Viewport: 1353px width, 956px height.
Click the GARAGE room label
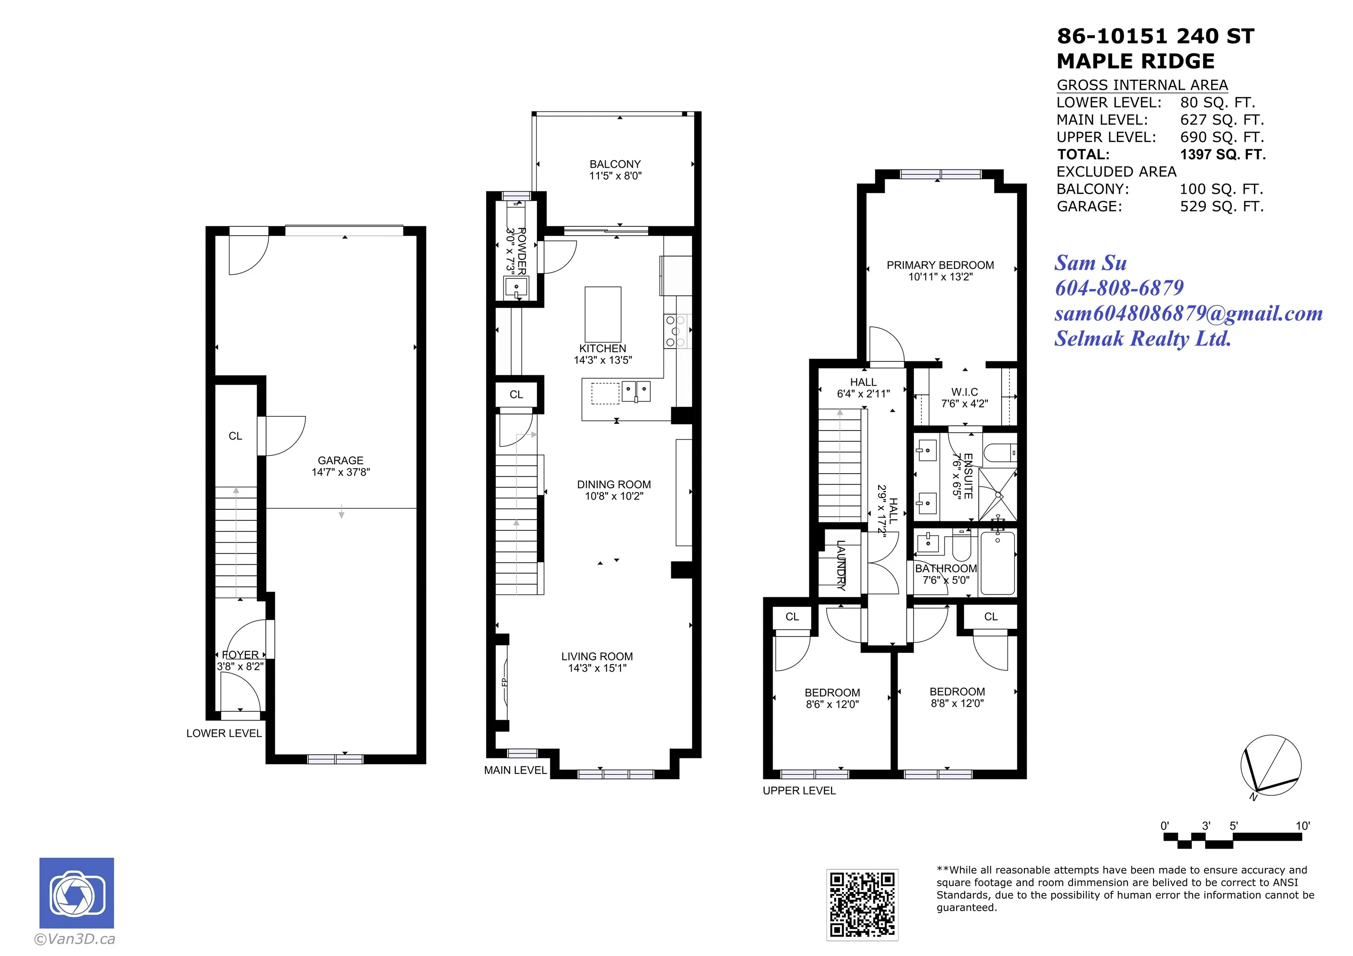[340, 460]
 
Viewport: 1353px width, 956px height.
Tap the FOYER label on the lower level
[240, 654]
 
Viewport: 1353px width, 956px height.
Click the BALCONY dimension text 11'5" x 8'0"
[615, 176]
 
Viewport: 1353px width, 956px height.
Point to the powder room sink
[516, 287]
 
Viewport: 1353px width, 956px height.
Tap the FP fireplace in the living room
[504, 682]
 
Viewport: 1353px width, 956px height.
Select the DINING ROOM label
[614, 484]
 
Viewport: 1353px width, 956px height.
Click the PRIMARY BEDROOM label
[940, 265]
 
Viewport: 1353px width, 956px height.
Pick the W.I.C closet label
[964, 392]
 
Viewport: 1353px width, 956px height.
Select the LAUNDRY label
[841, 566]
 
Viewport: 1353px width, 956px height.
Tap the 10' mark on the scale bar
[1302, 826]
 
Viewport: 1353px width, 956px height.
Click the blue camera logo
[77, 893]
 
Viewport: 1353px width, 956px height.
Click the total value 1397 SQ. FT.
[1223, 154]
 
